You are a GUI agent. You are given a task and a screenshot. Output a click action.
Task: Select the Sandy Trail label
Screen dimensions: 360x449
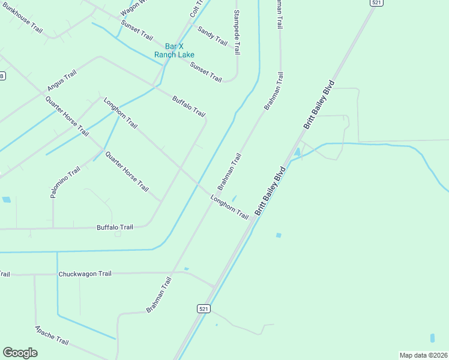coord(212,37)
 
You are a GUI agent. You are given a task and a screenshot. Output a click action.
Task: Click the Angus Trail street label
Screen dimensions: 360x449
coord(62,81)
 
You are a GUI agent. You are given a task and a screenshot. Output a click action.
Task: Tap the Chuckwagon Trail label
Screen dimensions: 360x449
coord(85,274)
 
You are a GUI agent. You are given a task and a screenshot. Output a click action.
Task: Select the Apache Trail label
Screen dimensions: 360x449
coord(52,335)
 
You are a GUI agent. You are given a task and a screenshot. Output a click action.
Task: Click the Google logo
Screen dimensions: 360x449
coord(20,353)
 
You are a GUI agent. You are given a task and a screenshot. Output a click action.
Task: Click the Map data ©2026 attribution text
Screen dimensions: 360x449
coord(423,355)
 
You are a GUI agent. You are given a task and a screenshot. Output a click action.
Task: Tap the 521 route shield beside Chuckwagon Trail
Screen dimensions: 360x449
coord(203,308)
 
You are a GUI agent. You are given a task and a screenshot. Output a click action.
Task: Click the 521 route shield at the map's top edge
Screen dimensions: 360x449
coord(376,3)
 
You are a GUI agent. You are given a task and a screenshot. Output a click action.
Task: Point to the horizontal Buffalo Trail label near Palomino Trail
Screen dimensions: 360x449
coord(115,227)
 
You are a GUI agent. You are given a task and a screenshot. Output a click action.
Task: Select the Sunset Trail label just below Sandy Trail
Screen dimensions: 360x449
coord(206,72)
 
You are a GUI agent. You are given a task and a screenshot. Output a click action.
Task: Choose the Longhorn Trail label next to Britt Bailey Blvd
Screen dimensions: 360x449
coord(229,206)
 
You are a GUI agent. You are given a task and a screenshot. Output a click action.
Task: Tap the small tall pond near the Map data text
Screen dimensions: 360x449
coord(432,338)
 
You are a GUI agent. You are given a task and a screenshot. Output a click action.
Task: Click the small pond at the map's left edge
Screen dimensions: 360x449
coord(6,200)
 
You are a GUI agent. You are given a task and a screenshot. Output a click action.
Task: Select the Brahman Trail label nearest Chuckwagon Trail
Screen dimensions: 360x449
coord(158,295)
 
